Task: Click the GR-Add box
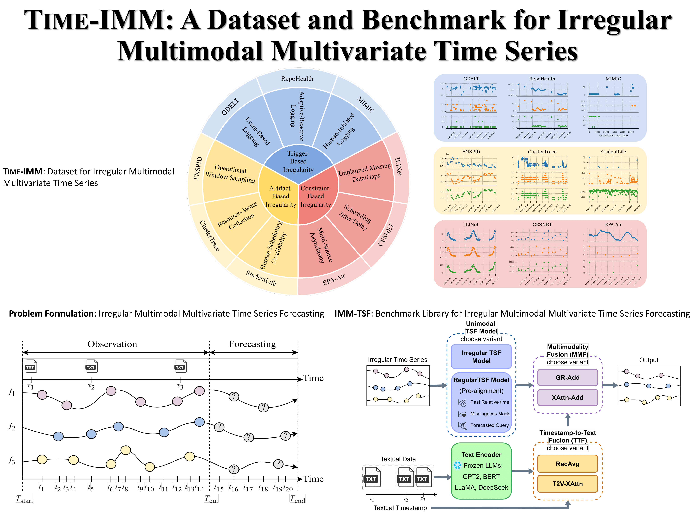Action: click(567, 377)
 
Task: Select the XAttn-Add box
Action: click(567, 398)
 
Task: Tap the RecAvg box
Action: click(567, 464)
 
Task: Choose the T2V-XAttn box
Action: click(567, 484)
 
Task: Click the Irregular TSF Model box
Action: click(481, 357)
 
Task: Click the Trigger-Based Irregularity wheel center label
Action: click(298, 161)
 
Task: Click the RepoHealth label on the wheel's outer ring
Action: click(297, 78)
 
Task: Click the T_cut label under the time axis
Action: click(211, 499)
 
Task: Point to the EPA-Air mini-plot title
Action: click(613, 225)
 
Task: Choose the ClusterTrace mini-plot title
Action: click(542, 152)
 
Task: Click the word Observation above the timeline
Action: click(112, 344)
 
